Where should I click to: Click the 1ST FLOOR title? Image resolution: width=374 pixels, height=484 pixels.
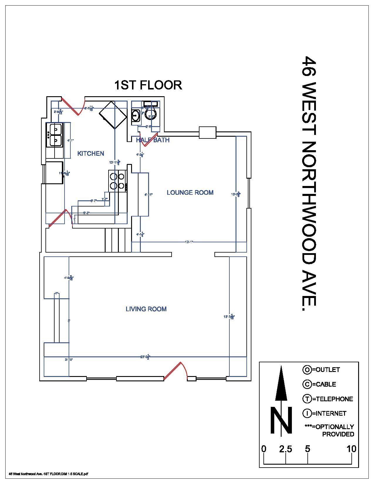(148, 85)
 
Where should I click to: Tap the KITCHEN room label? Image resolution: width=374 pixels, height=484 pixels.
(91, 153)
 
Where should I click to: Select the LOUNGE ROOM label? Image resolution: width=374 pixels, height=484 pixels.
(190, 192)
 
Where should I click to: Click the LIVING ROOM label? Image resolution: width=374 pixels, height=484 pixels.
(146, 309)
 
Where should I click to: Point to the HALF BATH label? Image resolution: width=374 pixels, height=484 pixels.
(153, 140)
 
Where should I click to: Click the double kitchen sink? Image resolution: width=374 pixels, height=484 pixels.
(55, 135)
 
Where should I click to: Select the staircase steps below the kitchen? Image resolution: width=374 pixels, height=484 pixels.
(118, 240)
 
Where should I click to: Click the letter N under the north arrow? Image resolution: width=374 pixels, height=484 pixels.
(281, 420)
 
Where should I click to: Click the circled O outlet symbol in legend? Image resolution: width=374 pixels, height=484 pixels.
(307, 370)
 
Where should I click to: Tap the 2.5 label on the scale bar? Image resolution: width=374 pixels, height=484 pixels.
(285, 449)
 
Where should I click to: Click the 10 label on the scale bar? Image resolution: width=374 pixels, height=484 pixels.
(351, 449)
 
